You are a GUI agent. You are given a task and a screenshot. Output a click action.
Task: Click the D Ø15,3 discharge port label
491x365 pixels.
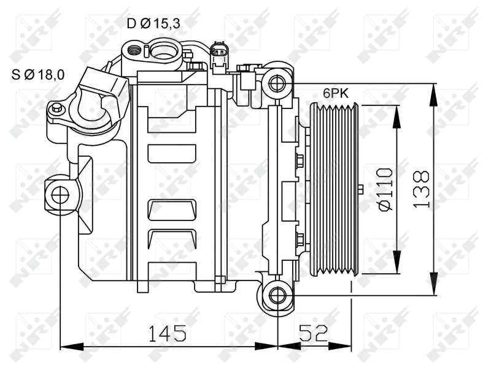tap(153, 24)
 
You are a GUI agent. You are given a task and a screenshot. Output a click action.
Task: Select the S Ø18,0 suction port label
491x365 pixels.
tap(39, 75)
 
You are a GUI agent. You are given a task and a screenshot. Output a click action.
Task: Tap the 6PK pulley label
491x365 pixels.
tap(336, 93)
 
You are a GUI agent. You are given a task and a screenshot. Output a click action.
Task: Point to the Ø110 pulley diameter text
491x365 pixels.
tap(384, 189)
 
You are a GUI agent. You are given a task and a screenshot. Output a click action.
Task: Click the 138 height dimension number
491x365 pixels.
tap(421, 189)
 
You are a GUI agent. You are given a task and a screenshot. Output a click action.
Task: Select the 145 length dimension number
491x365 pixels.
tap(167, 333)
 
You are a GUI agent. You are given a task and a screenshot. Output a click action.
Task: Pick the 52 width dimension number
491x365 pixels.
tap(314, 333)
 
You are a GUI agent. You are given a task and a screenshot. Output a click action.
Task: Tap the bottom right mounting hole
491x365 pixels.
tap(277, 296)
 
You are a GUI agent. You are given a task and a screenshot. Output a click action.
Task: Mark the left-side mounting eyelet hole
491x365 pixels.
tap(60, 195)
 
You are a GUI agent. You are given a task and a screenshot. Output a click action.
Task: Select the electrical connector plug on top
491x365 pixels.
tap(218, 54)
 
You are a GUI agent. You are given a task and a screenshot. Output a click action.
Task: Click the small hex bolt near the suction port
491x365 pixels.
tap(56, 108)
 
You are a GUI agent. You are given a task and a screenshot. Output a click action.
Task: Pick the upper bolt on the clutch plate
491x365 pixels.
tap(300, 162)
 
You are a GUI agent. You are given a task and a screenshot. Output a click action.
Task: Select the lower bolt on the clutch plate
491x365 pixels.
tap(300, 238)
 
